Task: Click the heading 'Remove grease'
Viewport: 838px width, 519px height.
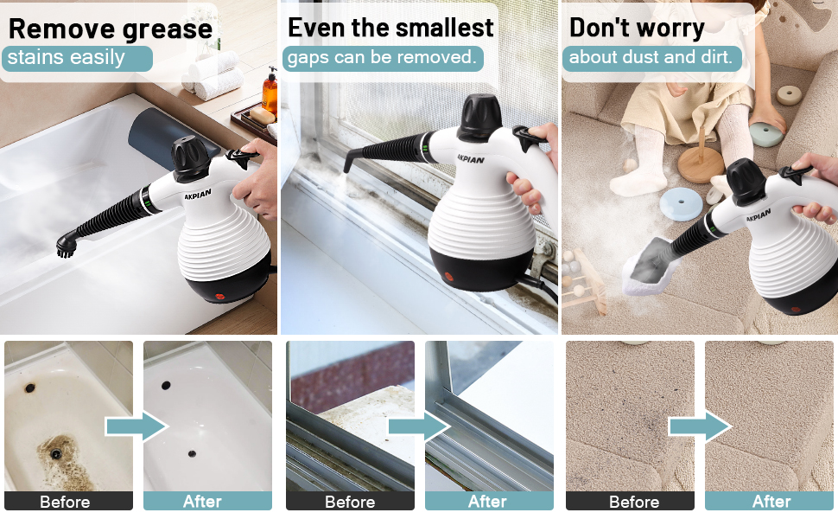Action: [x=110, y=29]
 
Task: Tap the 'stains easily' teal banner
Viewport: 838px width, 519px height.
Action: [x=77, y=59]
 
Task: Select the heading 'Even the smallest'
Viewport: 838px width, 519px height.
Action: [x=390, y=28]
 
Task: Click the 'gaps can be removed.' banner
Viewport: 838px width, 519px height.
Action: [x=381, y=59]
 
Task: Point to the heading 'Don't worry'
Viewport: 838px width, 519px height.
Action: [x=637, y=28]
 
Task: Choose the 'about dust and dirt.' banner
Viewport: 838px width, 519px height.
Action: [x=651, y=59]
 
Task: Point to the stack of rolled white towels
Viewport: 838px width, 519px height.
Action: [x=213, y=74]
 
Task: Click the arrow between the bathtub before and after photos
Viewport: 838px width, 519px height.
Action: [x=136, y=426]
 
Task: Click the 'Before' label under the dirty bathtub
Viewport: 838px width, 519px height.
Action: [x=65, y=502]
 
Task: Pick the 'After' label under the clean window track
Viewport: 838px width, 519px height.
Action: [x=487, y=502]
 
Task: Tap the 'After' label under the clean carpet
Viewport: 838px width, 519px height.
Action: [x=771, y=502]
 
